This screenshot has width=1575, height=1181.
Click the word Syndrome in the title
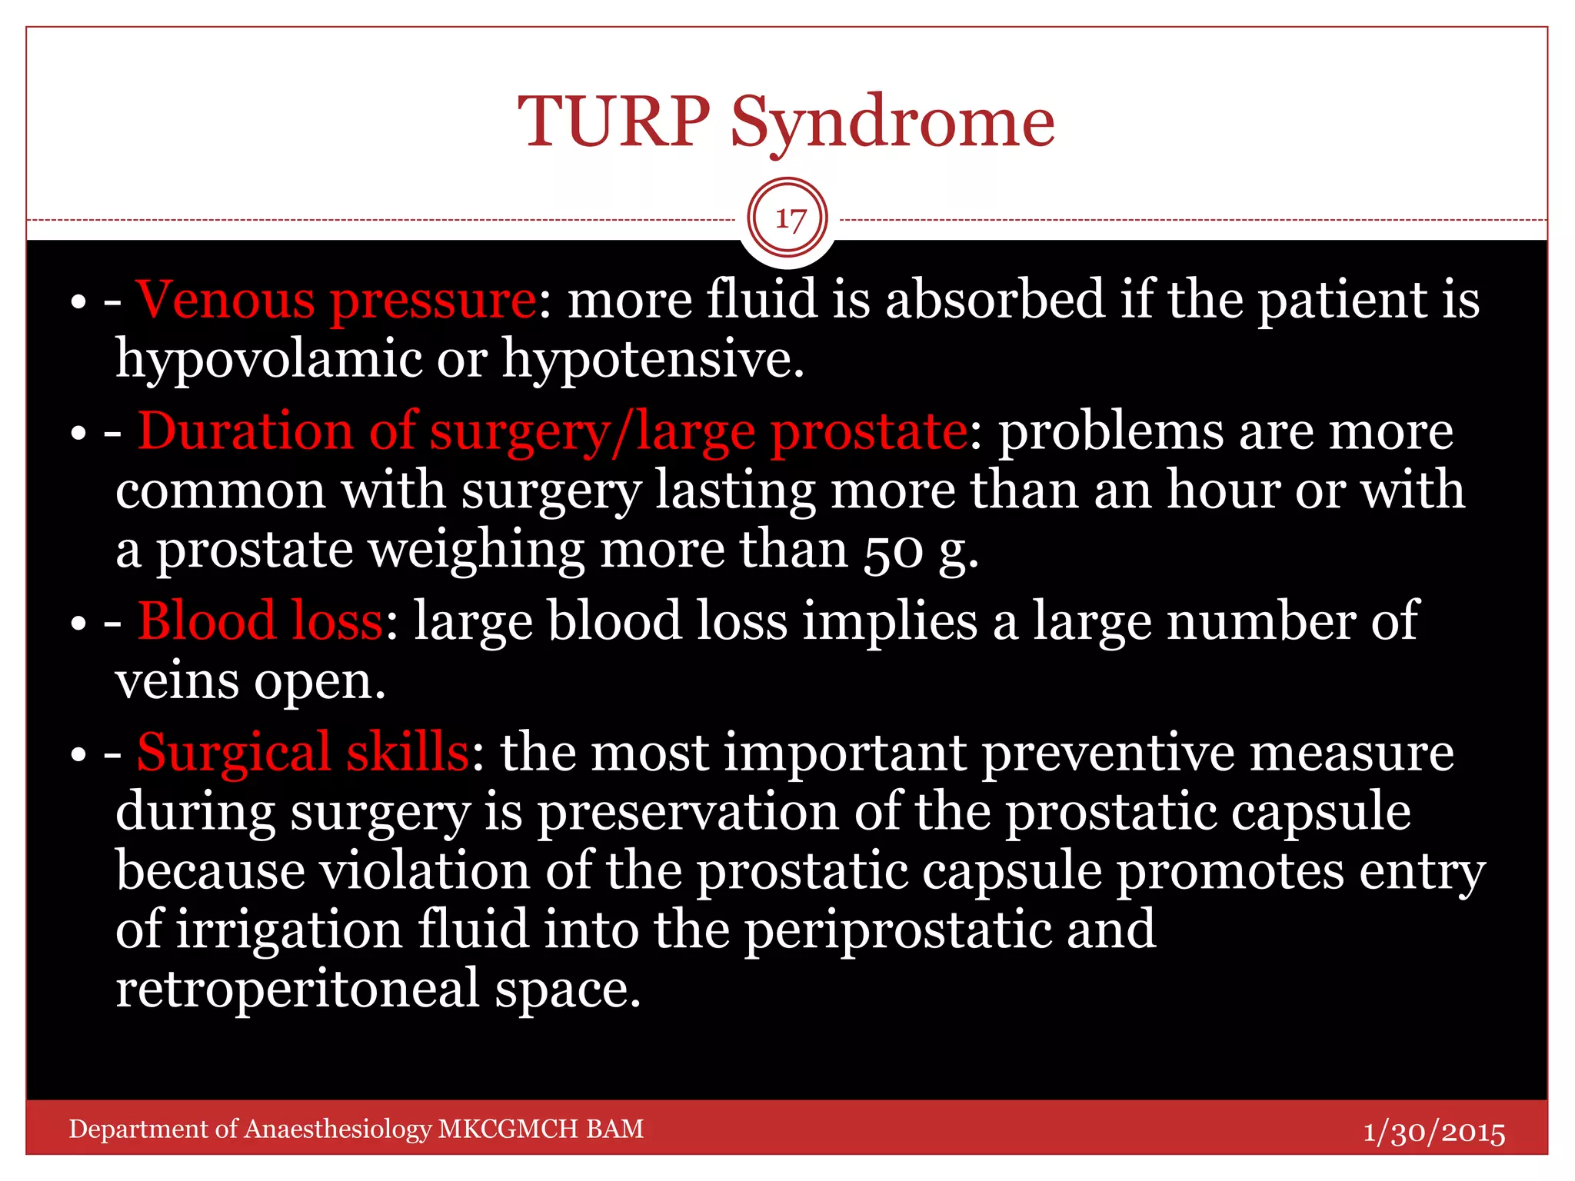tap(892, 123)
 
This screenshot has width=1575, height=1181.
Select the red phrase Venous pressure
tap(336, 300)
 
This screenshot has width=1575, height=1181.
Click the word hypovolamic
tap(268, 360)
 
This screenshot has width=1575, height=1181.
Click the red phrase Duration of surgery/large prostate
tap(552, 431)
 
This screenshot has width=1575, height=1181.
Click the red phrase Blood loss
tap(260, 621)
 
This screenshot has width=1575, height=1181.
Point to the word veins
tap(177, 681)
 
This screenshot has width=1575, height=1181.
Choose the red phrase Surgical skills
tap(303, 752)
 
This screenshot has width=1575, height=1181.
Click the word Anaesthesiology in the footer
tap(338, 1129)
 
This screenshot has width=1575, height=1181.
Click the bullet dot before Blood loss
tap(78, 624)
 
